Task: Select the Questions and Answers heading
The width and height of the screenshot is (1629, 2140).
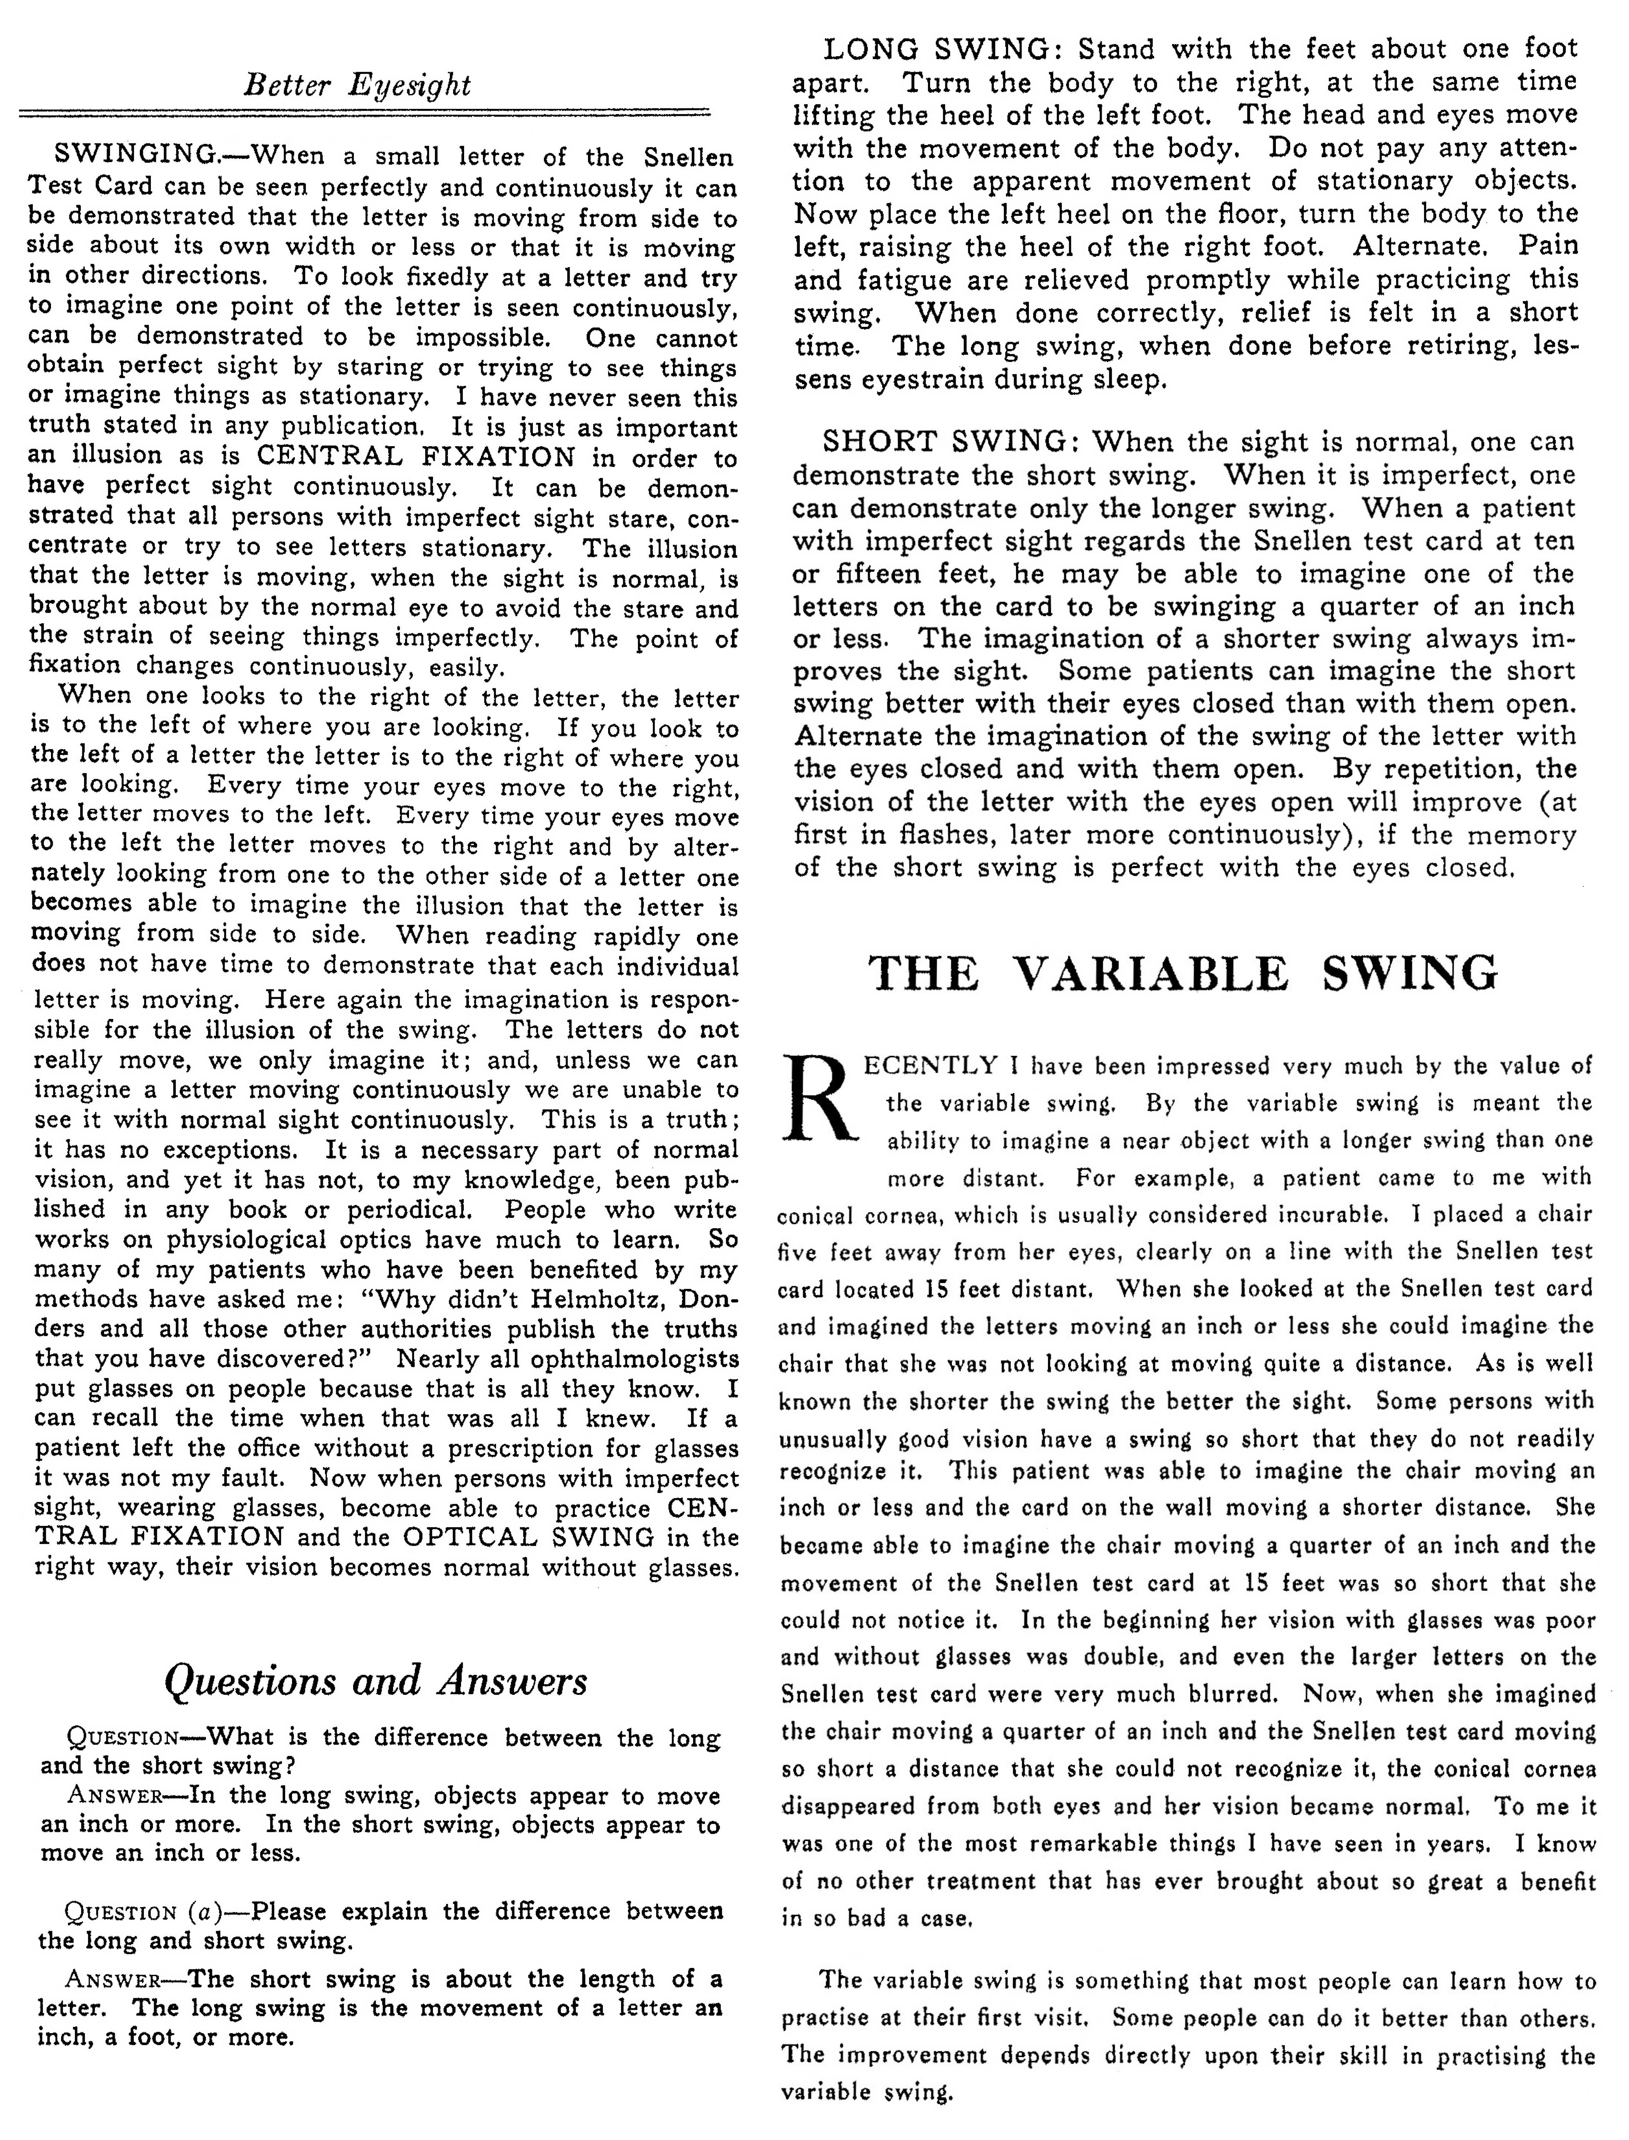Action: coord(376,1680)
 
